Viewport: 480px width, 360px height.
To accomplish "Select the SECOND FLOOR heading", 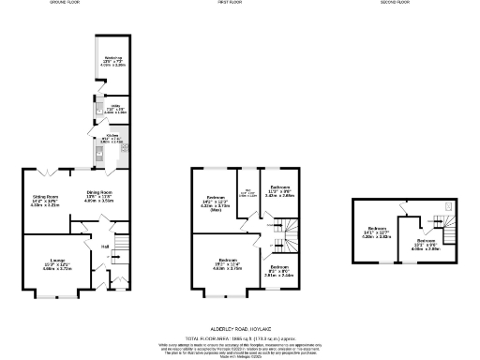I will click(395, 4).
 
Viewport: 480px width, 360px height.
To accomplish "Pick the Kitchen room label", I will click(112, 137).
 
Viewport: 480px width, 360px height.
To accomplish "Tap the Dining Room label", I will click(99, 197).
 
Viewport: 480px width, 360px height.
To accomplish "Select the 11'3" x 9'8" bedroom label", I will click(280, 190).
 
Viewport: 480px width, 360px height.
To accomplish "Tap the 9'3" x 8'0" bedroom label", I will click(279, 272).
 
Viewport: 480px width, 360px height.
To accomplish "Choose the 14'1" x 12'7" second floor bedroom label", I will click(379, 232).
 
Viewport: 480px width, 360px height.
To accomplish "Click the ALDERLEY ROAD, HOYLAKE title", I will click(239, 332).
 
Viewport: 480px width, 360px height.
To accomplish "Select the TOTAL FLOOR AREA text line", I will click(239, 339).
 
